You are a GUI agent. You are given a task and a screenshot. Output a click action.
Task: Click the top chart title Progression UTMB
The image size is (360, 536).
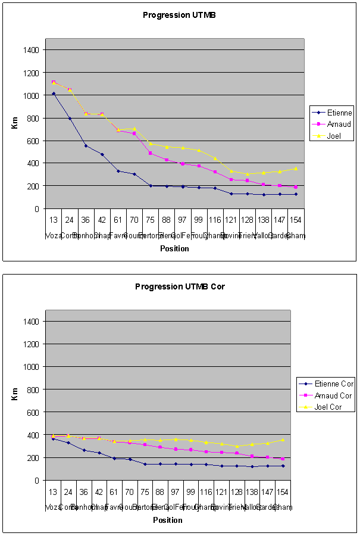pos(179,15)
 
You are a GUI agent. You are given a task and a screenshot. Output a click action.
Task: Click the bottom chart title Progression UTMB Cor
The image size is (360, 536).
pos(179,286)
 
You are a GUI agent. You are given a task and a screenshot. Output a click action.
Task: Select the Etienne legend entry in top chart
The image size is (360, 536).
pos(339,112)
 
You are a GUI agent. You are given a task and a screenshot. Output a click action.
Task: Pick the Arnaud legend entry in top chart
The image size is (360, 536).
pos(338,124)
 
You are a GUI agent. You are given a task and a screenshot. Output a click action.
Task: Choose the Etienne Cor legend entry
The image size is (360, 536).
pos(334,384)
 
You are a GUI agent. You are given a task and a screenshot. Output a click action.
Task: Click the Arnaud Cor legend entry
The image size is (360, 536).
pos(333,395)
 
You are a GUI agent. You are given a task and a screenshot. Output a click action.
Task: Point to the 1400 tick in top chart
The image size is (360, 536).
pos(32,50)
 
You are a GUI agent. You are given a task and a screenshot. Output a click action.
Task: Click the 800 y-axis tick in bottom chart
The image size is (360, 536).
pos(33,389)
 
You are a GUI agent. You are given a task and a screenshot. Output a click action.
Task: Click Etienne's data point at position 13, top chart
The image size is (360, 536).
pos(54,94)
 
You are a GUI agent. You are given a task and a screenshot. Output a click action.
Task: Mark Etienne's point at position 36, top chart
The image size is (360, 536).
pos(86,146)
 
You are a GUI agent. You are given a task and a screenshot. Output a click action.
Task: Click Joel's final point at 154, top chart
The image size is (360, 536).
pos(296,169)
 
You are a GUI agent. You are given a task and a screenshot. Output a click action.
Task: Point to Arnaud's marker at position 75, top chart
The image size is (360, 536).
pos(151,153)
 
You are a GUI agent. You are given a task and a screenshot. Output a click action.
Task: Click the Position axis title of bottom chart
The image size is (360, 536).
pos(168,520)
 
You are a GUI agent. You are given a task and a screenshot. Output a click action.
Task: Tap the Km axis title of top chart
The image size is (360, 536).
pos(15,123)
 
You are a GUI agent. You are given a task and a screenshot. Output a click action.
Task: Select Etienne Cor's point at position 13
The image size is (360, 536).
pos(54,438)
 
